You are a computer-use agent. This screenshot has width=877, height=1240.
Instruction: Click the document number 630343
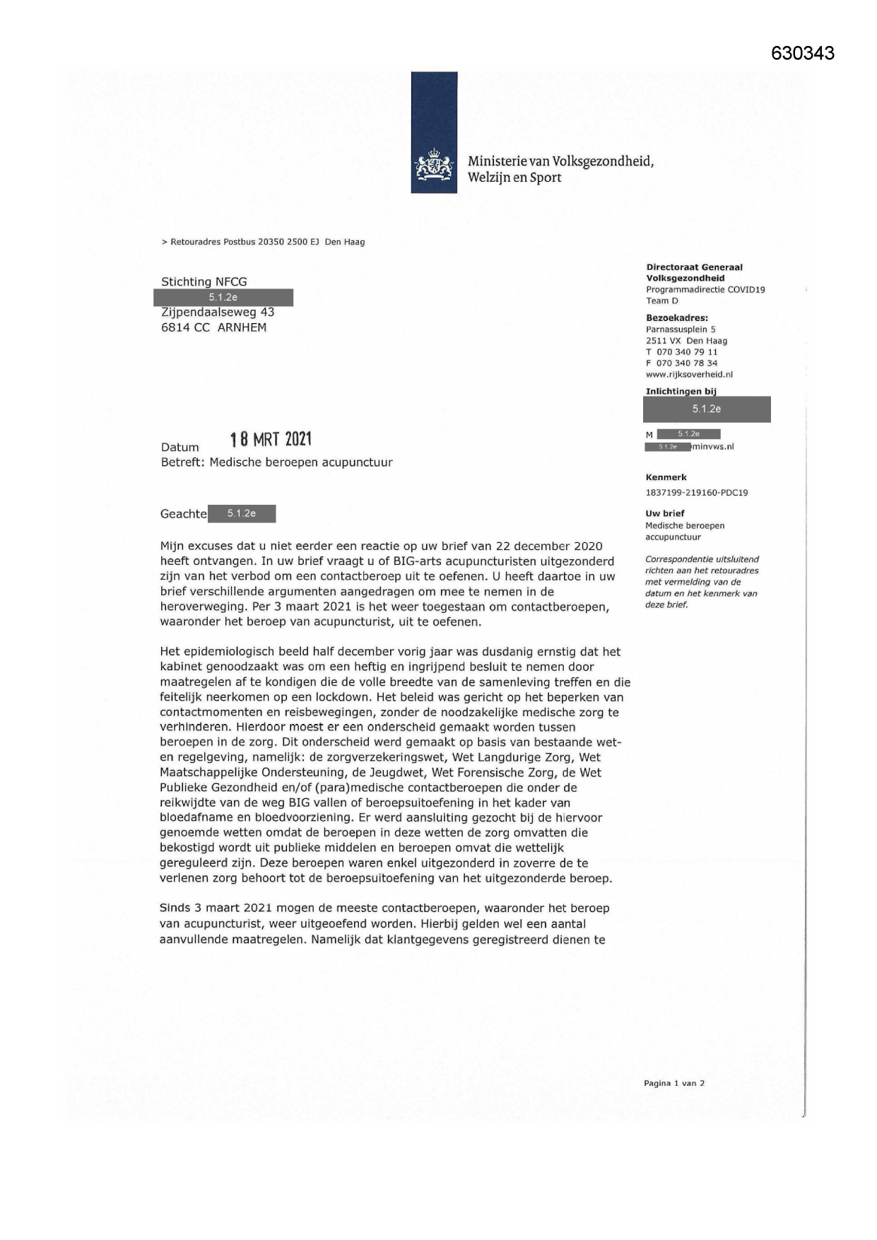[x=802, y=54]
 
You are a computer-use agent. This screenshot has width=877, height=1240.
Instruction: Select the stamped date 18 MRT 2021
[x=271, y=440]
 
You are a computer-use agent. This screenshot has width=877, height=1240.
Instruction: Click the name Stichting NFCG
[x=204, y=281]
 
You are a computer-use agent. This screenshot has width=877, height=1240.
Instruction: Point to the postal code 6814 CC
[x=185, y=327]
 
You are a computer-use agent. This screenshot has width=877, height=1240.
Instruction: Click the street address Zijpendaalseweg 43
[x=218, y=312]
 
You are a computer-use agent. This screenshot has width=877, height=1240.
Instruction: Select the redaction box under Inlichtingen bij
[x=706, y=409]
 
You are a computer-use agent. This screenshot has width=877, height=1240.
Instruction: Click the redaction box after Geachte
[x=242, y=513]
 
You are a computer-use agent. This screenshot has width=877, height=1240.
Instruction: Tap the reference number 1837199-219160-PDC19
[x=696, y=493]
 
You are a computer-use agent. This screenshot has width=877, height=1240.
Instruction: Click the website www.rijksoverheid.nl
[x=689, y=375]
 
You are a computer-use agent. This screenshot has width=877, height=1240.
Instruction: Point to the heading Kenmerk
[x=666, y=477]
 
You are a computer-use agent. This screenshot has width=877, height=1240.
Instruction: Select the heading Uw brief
[x=664, y=513]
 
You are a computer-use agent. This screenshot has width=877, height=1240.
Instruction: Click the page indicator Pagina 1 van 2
[x=673, y=1083]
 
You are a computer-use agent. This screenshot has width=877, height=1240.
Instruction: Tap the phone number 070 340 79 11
[x=686, y=352]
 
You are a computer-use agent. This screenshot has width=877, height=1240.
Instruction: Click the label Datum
[x=180, y=448]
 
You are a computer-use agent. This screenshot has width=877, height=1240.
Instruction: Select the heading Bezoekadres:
[x=676, y=318]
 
